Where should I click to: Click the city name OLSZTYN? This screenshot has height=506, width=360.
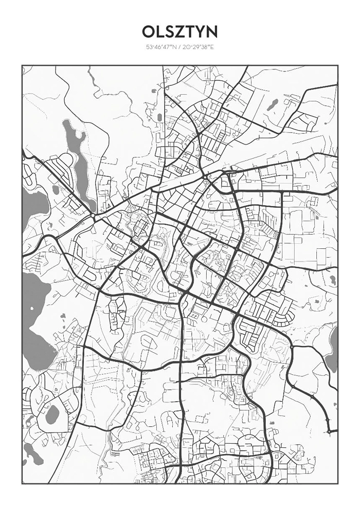pyautogui.click(x=179, y=32)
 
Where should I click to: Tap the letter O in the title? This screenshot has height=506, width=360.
pyautogui.click(x=149, y=32)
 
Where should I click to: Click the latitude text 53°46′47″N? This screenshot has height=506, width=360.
pyautogui.click(x=161, y=47)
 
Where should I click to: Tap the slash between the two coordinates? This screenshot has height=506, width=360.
pyautogui.click(x=179, y=47)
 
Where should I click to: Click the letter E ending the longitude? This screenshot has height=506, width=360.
pyautogui.click(x=211, y=47)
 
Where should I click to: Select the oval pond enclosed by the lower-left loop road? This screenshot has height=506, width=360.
pyautogui.click(x=52, y=414)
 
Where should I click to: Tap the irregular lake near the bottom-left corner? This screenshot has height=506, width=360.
pyautogui.click(x=32, y=453)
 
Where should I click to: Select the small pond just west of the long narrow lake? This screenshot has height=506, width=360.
pyautogui.click(x=56, y=189)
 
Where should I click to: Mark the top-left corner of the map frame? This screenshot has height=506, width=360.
pyautogui.click(x=22, y=66)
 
